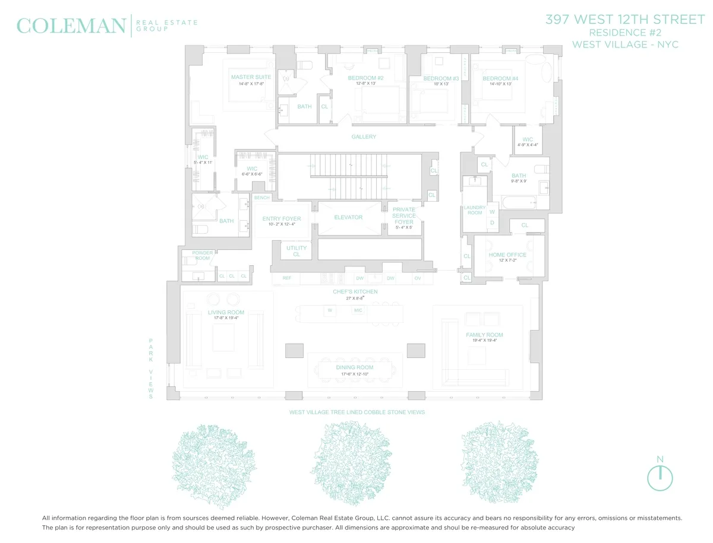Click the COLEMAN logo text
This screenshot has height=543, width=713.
tap(71, 26)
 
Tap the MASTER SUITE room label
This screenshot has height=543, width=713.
tap(251, 77)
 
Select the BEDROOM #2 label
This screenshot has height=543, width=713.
tap(365, 78)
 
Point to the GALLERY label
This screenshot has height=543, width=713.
tap(364, 137)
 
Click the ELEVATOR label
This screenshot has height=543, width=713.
tap(348, 217)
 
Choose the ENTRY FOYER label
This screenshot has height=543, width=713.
tap(282, 219)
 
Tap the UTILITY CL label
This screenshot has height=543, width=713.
tap(296, 251)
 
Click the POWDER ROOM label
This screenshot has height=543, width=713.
tap(202, 256)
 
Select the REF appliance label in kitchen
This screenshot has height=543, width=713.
tap(287, 278)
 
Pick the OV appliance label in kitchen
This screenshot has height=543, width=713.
tap(417, 278)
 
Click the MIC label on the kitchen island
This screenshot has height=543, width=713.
tap(358, 310)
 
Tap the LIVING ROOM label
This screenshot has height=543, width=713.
tap(226, 313)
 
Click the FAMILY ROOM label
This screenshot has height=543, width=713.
tap(484, 335)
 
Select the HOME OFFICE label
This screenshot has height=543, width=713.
tap(507, 255)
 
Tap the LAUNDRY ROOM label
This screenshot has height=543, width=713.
tap(475, 210)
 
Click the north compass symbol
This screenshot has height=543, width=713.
tap(660, 477)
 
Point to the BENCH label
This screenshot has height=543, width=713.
tap(261, 198)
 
